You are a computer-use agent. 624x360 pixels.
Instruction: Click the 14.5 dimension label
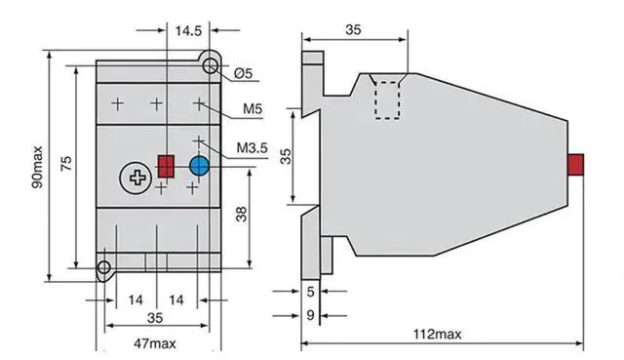coord(188,30)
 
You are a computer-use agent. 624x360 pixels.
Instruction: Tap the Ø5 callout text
coord(243,73)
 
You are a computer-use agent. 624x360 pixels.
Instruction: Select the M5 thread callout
coord(253,108)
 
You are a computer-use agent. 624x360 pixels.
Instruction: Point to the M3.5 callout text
coord(252,147)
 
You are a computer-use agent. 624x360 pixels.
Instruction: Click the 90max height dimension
coord(37,167)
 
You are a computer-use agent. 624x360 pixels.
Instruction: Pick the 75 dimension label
coord(66,164)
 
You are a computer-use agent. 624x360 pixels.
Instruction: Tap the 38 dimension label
coord(241,215)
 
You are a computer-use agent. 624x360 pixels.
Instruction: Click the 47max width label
coord(154,343)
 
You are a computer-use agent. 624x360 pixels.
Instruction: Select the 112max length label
coord(437,334)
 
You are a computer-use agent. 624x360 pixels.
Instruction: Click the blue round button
coord(199,166)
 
